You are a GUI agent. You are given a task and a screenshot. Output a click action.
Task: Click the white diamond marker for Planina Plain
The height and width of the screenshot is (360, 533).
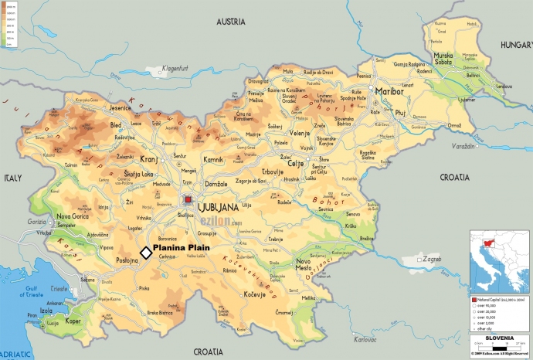click(145, 253)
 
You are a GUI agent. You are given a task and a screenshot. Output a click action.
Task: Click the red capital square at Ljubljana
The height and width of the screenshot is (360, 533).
click(188, 200)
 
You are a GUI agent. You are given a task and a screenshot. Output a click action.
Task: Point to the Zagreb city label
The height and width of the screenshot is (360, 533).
click(431, 260)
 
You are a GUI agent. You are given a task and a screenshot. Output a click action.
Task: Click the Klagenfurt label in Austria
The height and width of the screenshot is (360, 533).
click(175, 69)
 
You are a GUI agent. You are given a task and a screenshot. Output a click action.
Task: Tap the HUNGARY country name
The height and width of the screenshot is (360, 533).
click(511, 45)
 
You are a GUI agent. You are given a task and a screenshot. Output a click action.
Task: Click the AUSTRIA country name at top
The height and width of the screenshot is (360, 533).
click(236, 21)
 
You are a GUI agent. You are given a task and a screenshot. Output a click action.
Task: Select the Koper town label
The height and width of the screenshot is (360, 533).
click(73, 321)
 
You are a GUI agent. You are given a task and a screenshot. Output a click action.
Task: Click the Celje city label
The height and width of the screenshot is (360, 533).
click(296, 142)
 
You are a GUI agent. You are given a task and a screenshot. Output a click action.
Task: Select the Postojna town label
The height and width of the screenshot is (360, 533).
click(126, 261)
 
